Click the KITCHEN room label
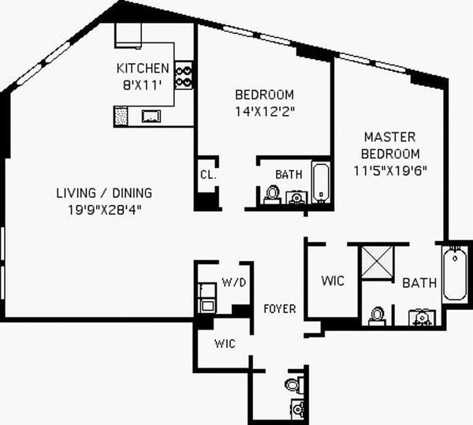pos(142,68)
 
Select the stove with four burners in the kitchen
pos(184,76)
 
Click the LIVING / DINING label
pos(104,193)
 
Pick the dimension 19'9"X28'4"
pos(104,209)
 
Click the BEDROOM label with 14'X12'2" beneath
pos(265,95)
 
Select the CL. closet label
pos(208,174)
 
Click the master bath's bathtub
pos(455,274)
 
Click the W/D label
pos(233,281)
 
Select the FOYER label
pos(280,308)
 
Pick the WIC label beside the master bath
pos(332,281)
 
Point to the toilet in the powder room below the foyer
pos(292,385)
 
